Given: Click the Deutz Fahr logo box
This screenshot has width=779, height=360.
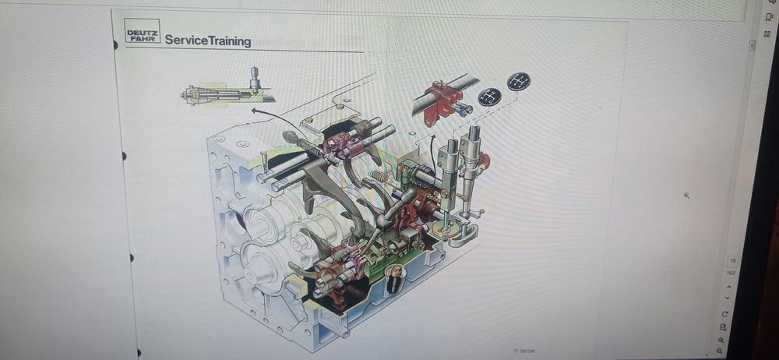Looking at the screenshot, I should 142,36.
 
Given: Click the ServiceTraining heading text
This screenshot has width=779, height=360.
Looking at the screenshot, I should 207,41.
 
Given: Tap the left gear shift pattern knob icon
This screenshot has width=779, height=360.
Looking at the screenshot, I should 489,97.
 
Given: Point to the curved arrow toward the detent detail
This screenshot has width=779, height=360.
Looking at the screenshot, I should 273,118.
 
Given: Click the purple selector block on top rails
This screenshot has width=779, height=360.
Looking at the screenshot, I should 344,145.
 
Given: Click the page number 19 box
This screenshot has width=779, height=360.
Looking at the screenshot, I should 731,260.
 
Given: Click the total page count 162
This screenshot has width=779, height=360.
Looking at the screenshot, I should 731,273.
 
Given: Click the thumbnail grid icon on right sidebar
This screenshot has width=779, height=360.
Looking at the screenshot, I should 767,34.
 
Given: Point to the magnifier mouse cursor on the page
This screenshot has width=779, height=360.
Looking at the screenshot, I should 686,196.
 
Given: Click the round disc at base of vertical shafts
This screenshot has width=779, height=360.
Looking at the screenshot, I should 446,228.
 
